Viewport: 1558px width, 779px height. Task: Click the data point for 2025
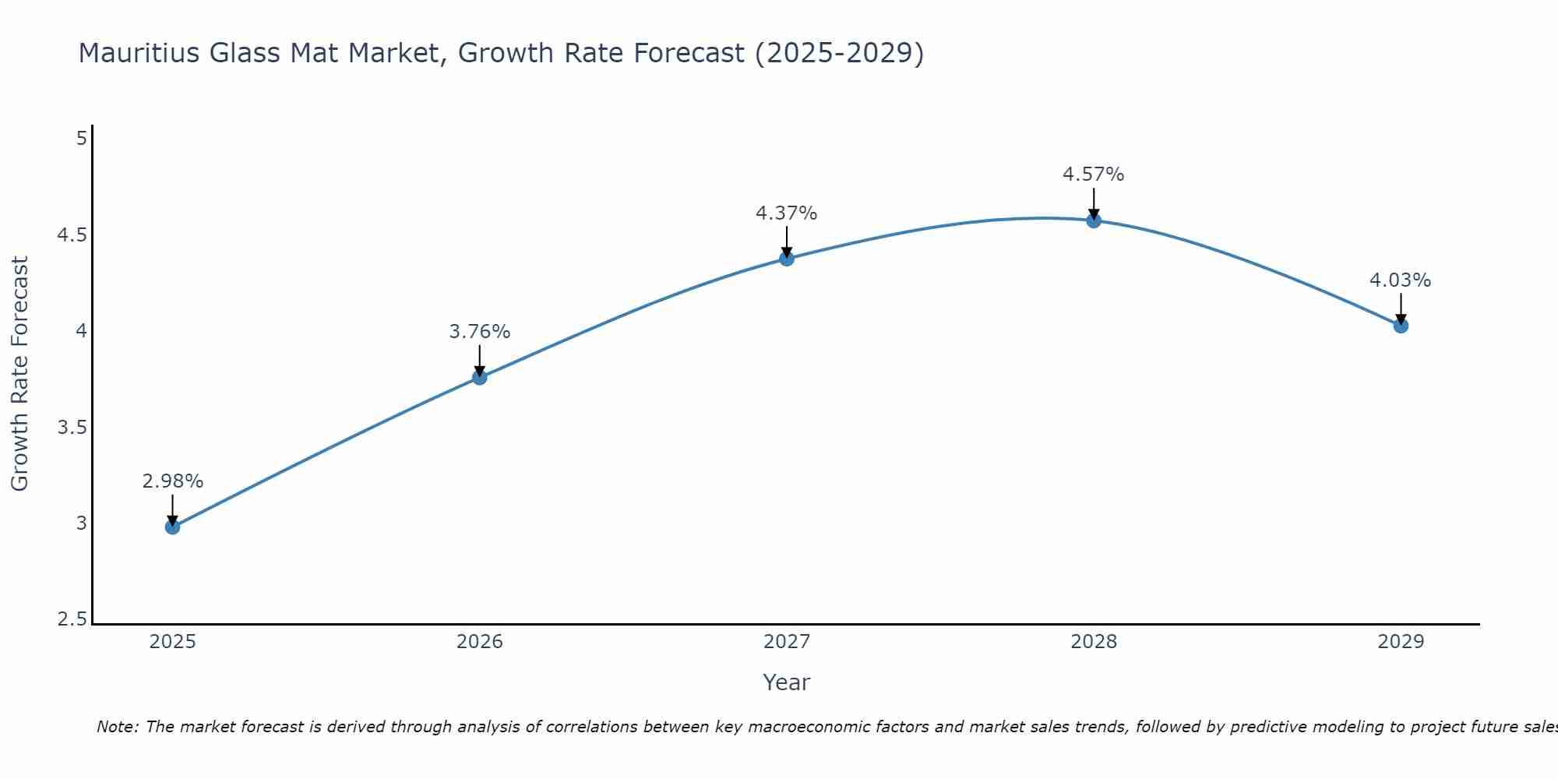(172, 527)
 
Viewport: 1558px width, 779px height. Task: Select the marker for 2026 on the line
(479, 378)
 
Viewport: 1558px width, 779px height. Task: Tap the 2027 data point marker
(787, 259)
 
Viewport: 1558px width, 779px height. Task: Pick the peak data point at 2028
(1094, 220)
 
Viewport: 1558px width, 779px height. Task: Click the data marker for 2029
(1401, 326)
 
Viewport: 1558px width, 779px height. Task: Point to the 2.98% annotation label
(172, 481)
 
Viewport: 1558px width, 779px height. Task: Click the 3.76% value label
(479, 332)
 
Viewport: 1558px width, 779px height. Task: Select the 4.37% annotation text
(786, 213)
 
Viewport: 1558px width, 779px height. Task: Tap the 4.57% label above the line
(1093, 174)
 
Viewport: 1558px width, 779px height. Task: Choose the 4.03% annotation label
(1400, 280)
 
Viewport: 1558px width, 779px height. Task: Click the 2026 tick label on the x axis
(479, 642)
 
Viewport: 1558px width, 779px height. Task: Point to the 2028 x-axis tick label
(1094, 642)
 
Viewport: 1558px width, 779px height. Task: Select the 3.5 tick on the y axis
(72, 428)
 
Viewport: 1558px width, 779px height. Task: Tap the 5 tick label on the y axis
(81, 139)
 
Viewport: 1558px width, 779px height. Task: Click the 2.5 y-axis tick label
(72, 620)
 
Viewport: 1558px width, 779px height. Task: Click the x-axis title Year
(786, 682)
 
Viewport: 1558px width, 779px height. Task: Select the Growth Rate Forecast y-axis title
(19, 373)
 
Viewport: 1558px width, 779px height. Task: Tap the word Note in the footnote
(117, 727)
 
